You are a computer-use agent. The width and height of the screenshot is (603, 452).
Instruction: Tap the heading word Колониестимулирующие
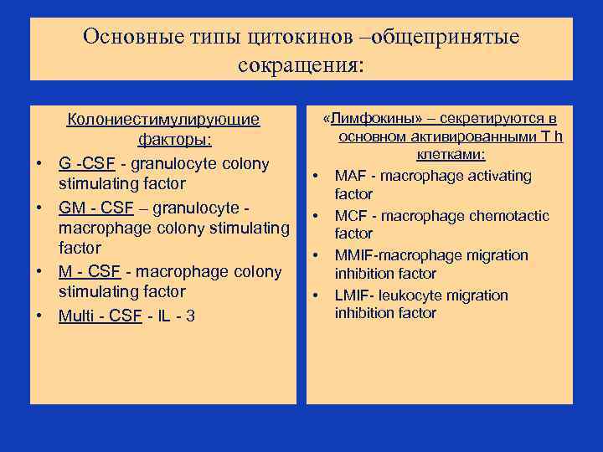pos(163,120)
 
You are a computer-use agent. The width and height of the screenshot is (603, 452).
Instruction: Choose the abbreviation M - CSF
pos(89,271)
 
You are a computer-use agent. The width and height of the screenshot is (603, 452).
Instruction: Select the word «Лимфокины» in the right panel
pos(363,119)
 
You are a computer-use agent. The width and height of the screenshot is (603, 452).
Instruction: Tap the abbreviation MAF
pos(351,176)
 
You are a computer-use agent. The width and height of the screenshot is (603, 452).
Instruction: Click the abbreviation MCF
pos(352,216)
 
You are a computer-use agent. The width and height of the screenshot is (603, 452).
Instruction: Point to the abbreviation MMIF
pos(355,255)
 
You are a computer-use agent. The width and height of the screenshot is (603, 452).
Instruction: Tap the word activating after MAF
pos(501,176)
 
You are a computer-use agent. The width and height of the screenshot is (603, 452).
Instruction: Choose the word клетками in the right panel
pos(452,155)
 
